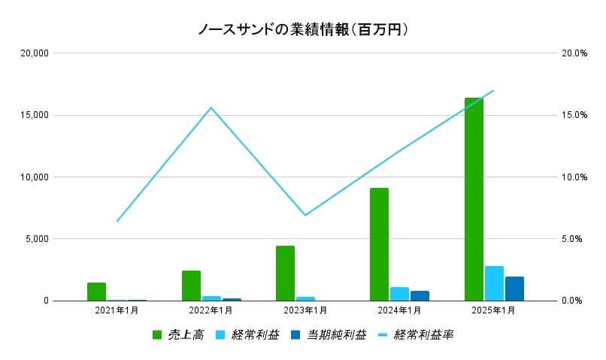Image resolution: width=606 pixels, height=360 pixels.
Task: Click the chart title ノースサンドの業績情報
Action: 302,29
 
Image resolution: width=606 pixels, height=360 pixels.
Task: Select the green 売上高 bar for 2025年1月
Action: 474,199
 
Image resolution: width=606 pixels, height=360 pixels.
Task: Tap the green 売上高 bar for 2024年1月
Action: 379,244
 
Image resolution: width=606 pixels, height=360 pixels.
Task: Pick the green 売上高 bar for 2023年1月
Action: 285,273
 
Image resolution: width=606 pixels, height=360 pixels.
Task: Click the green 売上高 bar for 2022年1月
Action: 191,286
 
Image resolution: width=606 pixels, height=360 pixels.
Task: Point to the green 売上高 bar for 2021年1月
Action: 96,292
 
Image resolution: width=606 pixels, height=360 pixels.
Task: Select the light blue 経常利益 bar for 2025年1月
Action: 494,283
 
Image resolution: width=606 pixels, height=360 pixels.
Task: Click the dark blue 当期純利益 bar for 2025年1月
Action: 514,289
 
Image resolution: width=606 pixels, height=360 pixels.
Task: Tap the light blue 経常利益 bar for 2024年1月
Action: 399,294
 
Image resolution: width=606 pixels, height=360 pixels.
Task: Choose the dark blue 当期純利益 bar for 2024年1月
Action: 420,295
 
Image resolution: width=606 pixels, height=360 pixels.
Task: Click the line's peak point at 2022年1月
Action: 211,107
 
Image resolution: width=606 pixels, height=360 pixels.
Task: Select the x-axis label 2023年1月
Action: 305,310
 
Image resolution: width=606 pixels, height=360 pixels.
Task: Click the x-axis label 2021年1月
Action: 117,310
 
